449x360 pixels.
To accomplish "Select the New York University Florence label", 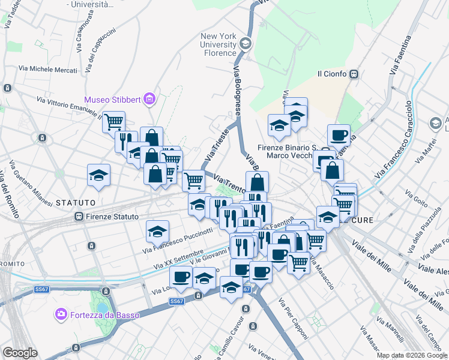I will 219,44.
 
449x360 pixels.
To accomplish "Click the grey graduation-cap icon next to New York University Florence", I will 246,44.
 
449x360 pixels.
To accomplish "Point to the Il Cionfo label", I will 332,74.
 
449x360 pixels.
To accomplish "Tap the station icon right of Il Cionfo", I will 354,74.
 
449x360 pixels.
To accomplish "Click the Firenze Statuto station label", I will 112,217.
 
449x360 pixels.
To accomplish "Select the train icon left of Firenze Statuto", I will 78,217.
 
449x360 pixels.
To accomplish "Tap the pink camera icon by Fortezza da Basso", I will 61,314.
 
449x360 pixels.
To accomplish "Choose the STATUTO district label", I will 76,203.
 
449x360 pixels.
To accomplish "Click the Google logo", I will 20,353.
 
